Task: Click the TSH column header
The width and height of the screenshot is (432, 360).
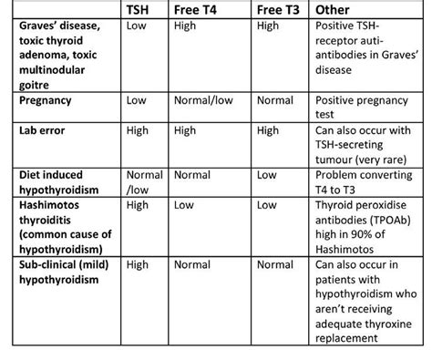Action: pos(141,10)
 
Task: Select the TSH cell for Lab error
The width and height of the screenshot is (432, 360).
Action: pos(138,131)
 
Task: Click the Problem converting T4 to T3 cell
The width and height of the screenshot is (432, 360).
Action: pos(358,180)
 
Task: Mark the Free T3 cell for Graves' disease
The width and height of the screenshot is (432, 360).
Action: pos(268,26)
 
